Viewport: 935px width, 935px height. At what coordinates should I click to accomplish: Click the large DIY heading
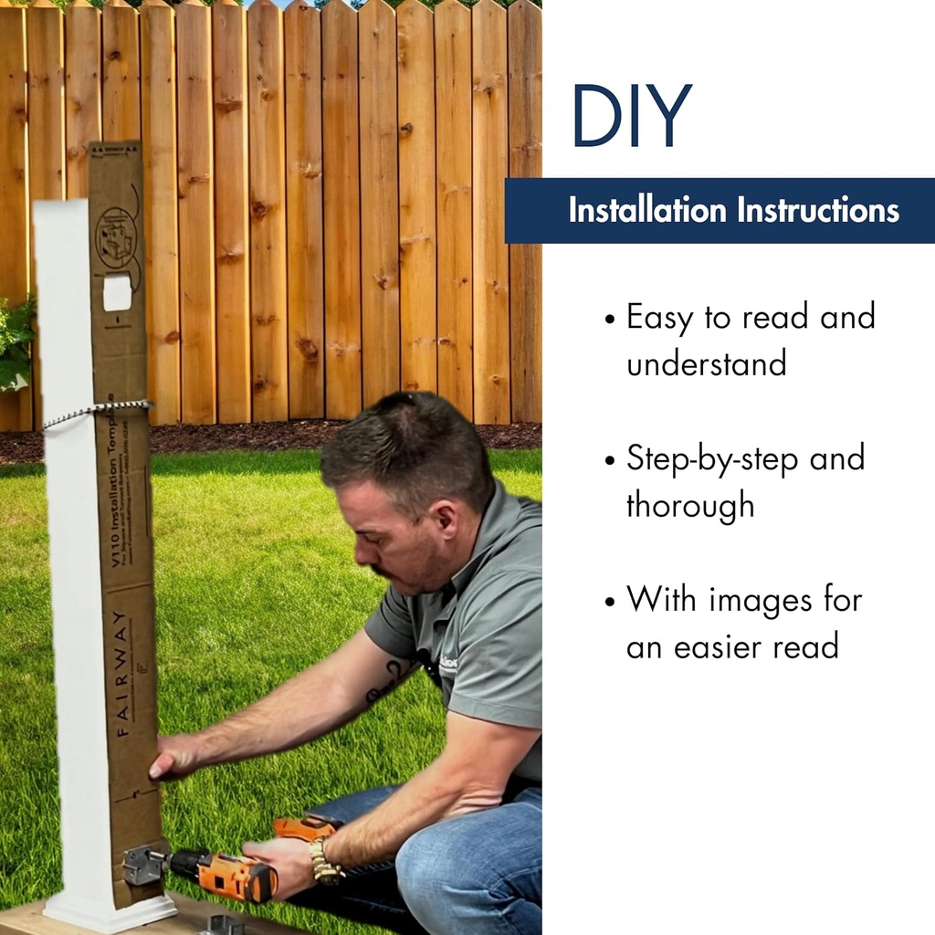[631, 116]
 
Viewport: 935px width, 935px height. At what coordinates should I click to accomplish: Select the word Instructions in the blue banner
[819, 211]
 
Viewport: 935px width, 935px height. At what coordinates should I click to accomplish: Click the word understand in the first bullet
[706, 364]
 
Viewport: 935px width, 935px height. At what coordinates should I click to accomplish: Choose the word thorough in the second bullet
[690, 505]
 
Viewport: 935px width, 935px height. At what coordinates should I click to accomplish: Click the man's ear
[445, 521]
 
